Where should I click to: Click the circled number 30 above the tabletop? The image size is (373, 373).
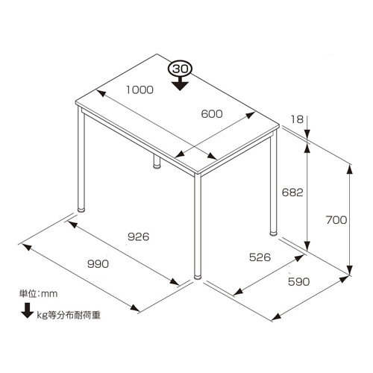coord(180,69)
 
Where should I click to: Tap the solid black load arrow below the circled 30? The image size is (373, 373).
coord(180,84)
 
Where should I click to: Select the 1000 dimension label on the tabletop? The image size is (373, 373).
coord(140,90)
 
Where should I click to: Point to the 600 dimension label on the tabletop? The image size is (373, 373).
coord(212,114)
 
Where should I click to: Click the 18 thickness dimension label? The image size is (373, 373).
coord(297,119)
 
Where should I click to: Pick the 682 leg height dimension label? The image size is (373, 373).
coord(292,192)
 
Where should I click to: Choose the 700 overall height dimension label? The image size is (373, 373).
coord(336,220)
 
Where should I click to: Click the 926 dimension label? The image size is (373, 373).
coord(139,236)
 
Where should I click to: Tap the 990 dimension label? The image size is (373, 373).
coord(98,264)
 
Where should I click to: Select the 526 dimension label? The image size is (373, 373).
coord(260,257)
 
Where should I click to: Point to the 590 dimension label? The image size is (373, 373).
coord(299,282)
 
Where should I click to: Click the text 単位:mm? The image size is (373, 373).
coord(38,294)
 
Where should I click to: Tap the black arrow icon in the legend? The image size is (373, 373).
coord(28,310)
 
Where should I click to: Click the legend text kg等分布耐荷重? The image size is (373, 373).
coord(69,315)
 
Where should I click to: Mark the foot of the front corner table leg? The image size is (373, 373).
coord(198,277)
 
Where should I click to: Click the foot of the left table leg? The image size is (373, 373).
coord(81,209)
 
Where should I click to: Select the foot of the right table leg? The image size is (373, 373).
coord(273,233)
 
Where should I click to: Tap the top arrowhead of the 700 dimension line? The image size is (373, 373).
coord(350,170)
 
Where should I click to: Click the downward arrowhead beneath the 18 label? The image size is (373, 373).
coord(308,133)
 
